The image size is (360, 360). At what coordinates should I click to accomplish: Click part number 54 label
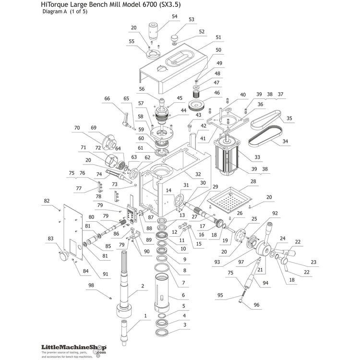pyautogui.click(x=174, y=16)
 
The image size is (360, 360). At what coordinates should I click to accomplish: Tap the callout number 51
pyautogui.click(x=218, y=37)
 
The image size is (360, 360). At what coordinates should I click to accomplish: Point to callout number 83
pyautogui.click(x=50, y=238)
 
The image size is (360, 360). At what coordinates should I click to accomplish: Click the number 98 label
pyautogui.click(x=91, y=286)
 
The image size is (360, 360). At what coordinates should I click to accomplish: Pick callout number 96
pyautogui.click(x=256, y=304)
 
